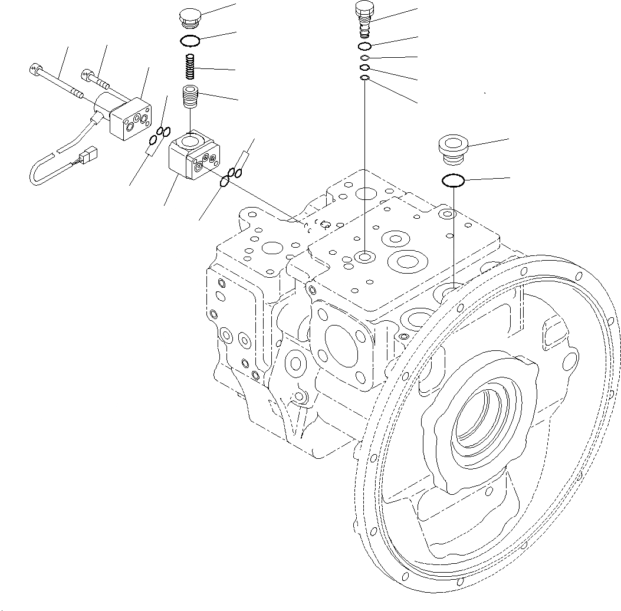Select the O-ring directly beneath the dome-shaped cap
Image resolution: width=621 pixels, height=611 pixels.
[190, 41]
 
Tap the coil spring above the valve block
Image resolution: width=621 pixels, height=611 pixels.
[190, 66]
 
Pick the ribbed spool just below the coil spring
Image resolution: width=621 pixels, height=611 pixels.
[190, 96]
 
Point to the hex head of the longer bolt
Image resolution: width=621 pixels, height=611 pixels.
[34, 69]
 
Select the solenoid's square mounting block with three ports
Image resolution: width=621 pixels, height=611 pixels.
[131, 120]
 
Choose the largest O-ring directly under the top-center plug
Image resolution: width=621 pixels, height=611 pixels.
[364, 47]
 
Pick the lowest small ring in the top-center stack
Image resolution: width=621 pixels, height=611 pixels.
[365, 78]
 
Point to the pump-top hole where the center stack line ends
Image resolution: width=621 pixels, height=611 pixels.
[365, 257]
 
